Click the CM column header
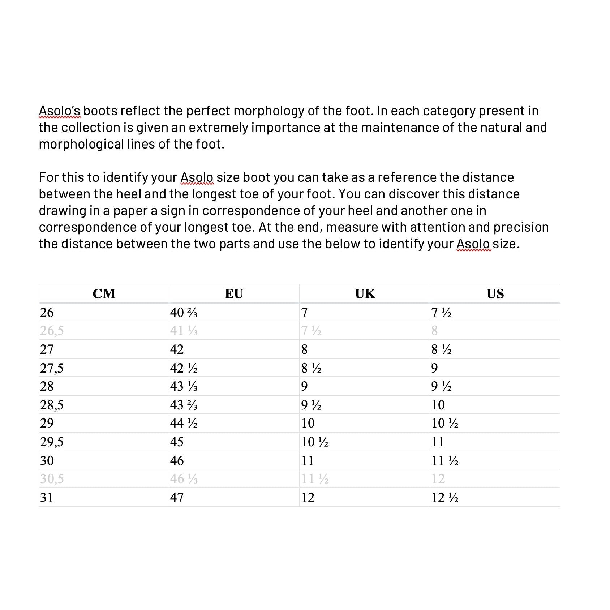[x=104, y=293]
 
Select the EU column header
[x=234, y=293]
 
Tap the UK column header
[x=365, y=293]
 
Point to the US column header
[x=495, y=293]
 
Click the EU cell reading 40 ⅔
[x=184, y=313]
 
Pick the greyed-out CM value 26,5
[x=52, y=331]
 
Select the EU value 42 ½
[x=184, y=368]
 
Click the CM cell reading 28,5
[x=52, y=405]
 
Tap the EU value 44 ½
[x=184, y=423]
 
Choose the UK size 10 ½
[x=315, y=442]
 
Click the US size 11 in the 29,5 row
[x=438, y=442]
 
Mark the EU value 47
[x=177, y=498]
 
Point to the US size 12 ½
[x=445, y=498]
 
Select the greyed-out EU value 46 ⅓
[x=184, y=479]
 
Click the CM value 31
[x=47, y=498]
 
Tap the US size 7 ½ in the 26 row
[x=441, y=313]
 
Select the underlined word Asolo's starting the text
[x=60, y=111]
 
